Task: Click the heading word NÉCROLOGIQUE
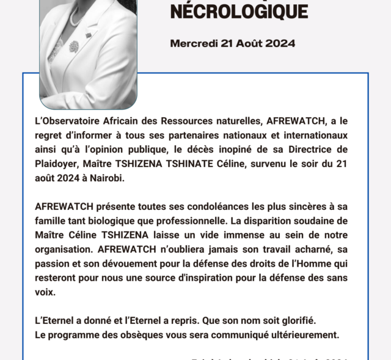click(x=239, y=10)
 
